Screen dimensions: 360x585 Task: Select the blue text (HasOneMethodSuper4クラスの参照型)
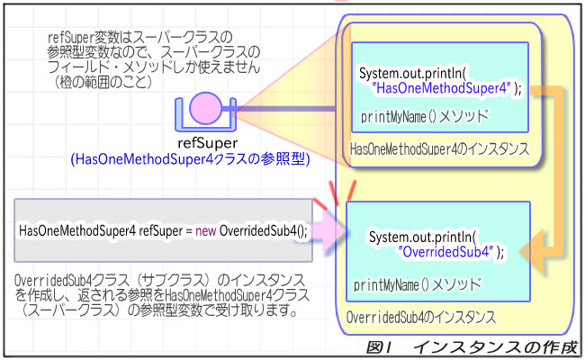click(189, 159)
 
